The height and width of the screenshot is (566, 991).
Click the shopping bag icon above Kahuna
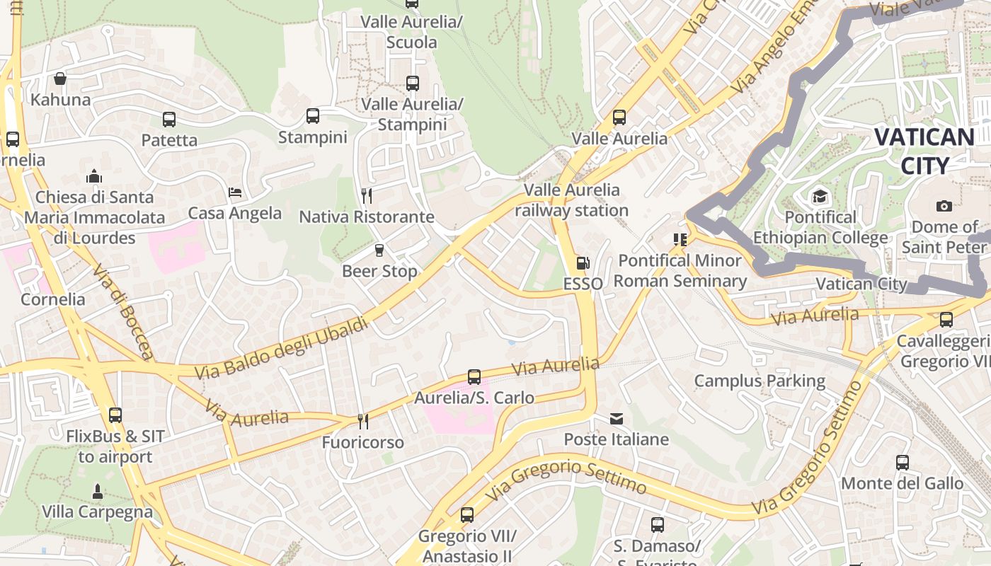point(60,79)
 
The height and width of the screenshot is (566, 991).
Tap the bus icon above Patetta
point(169,119)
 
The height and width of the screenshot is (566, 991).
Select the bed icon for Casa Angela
point(235,192)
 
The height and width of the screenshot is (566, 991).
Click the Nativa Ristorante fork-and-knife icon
point(366,196)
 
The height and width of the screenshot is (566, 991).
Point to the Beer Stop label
point(379,271)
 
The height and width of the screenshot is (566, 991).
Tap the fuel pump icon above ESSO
point(583,263)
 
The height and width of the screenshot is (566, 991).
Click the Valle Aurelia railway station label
point(571,200)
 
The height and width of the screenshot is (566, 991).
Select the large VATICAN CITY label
point(924,151)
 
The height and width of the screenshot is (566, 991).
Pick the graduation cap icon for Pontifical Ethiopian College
point(820,196)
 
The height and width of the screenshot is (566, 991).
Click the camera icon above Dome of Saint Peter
point(944,206)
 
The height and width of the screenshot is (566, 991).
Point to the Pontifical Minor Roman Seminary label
point(680,271)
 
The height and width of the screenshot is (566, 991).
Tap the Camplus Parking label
point(760,381)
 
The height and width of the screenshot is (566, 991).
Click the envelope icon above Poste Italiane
point(617,419)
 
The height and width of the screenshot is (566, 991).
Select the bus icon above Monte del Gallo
point(903,463)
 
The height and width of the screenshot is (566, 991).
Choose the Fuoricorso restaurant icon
point(363,422)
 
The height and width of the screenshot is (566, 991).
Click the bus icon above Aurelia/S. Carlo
point(474,377)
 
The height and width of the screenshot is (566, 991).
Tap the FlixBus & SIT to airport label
point(115,446)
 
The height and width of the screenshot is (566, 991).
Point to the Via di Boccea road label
point(122,311)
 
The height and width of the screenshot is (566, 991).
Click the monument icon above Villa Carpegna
point(98,491)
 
